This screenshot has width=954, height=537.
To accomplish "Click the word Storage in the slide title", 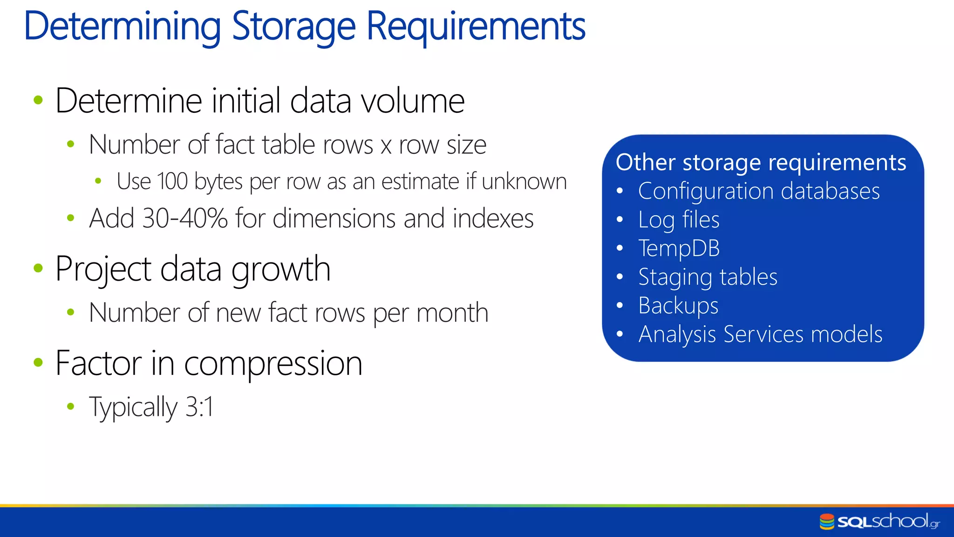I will click(x=293, y=27).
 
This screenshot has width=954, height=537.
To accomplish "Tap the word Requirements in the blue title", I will click(x=476, y=27).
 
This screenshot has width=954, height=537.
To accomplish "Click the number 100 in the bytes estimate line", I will click(x=173, y=181).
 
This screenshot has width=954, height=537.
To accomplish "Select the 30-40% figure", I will click(x=184, y=219).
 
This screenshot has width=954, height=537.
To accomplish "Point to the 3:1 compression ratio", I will click(x=199, y=406).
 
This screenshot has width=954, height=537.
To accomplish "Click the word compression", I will click(x=273, y=364).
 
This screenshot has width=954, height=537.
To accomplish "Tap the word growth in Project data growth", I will click(x=281, y=269).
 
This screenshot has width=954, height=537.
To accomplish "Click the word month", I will click(x=452, y=313).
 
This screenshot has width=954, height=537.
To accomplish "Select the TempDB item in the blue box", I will click(x=679, y=248).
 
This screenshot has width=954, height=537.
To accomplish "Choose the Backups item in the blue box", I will click(x=678, y=306).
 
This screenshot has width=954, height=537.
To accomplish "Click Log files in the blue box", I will click(x=679, y=220).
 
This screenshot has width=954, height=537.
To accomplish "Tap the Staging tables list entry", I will click(x=708, y=277).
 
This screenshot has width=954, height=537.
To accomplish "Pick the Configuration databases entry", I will click(x=759, y=191).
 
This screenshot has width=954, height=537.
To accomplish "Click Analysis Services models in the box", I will click(x=760, y=334).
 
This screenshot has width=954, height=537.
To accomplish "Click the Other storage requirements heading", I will click(x=761, y=162).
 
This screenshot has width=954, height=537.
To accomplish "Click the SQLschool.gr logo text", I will click(x=887, y=521).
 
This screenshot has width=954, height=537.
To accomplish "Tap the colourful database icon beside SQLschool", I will click(x=827, y=522).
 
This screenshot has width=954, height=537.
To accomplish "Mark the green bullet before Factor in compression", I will click(x=38, y=362).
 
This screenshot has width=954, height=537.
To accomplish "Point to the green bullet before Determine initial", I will click(x=38, y=100).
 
